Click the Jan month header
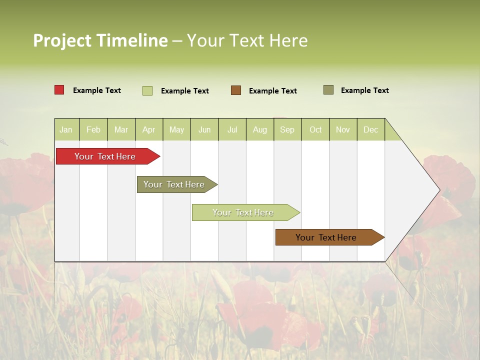coord(66,129)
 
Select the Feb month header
coord(93,129)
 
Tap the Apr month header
coord(148,129)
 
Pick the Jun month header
coord(204,129)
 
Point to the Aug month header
coord(259,129)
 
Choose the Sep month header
coord(287,129)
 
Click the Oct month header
coord(315,129)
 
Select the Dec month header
coord(370,129)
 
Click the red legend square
coord(59,90)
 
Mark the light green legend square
coord(147,90)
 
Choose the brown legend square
coord(236,90)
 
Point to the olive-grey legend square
coord(328,90)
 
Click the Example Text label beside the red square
coord(97,90)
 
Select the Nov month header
coord(343,129)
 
